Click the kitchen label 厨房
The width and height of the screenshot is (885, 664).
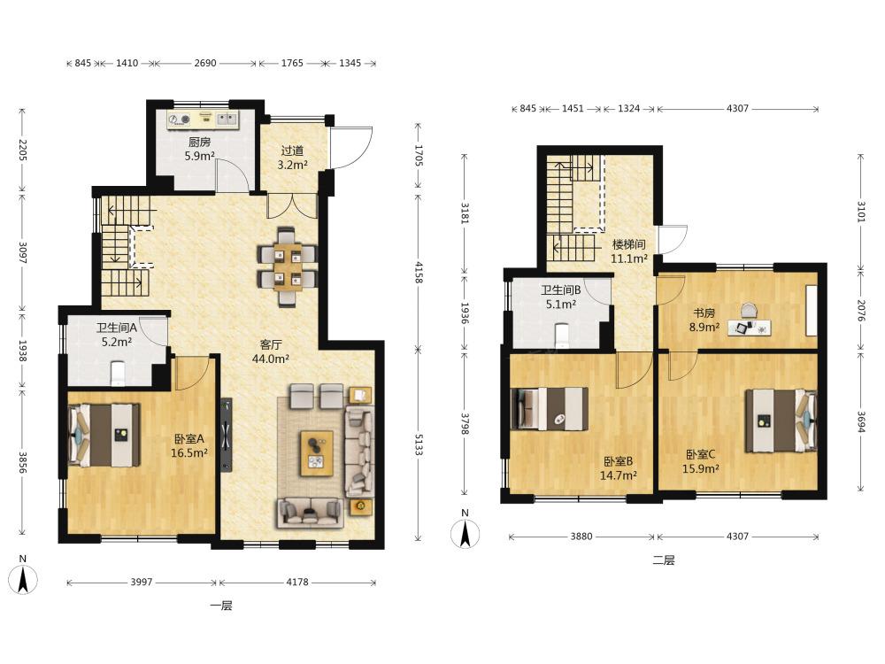pos(199,142)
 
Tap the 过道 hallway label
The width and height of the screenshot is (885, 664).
pos(292,151)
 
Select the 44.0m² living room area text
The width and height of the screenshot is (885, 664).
pos(271,359)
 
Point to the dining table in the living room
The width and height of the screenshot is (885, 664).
pos(288,266)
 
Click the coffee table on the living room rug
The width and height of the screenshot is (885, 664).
pos(317,453)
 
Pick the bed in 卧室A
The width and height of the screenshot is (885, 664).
pos(104,434)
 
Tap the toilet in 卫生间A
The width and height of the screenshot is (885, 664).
pos(118,373)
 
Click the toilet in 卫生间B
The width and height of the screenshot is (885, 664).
pos(563,336)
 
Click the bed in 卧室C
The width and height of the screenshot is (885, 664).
pos(781,421)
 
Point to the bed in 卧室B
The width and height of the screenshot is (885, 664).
pos(550,408)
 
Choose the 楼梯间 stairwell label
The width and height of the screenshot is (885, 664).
pos(628,244)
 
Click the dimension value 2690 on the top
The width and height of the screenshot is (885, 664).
pos(205,63)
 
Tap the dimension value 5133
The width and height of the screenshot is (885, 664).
pos(419,444)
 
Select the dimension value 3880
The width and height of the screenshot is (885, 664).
pos(581,537)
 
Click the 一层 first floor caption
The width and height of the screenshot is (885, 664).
pos(221,606)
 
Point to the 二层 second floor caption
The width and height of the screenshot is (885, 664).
pos(664,560)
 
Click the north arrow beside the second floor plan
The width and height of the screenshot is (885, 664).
pos(466,529)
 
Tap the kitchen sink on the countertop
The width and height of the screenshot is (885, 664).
pos(227,120)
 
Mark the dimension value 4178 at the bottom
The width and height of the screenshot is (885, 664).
pos(297,583)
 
